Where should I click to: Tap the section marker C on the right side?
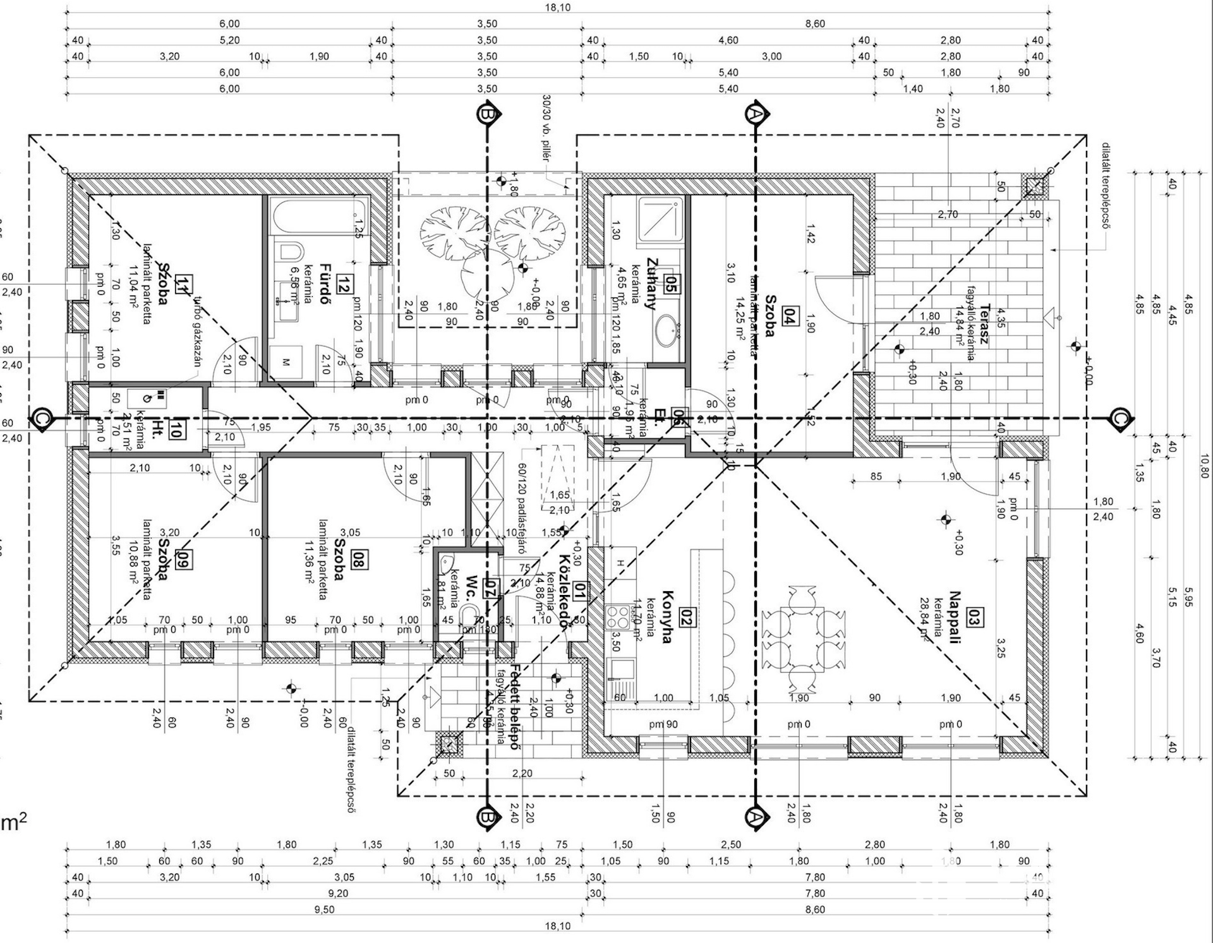1119,418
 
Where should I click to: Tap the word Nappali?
954,617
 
